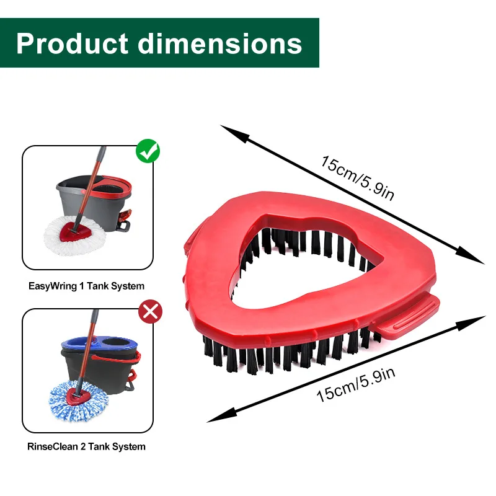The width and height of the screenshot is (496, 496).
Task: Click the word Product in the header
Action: pyautogui.click(x=72, y=43)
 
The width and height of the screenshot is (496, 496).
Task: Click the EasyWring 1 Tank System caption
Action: pyautogui.click(x=87, y=286)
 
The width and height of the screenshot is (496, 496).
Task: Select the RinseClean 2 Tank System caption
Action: pyautogui.click(x=87, y=446)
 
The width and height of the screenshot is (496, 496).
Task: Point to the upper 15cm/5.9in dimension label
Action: pyautogui.click(x=358, y=179)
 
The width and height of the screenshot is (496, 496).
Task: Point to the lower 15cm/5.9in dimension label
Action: pyautogui.click(x=355, y=385)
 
